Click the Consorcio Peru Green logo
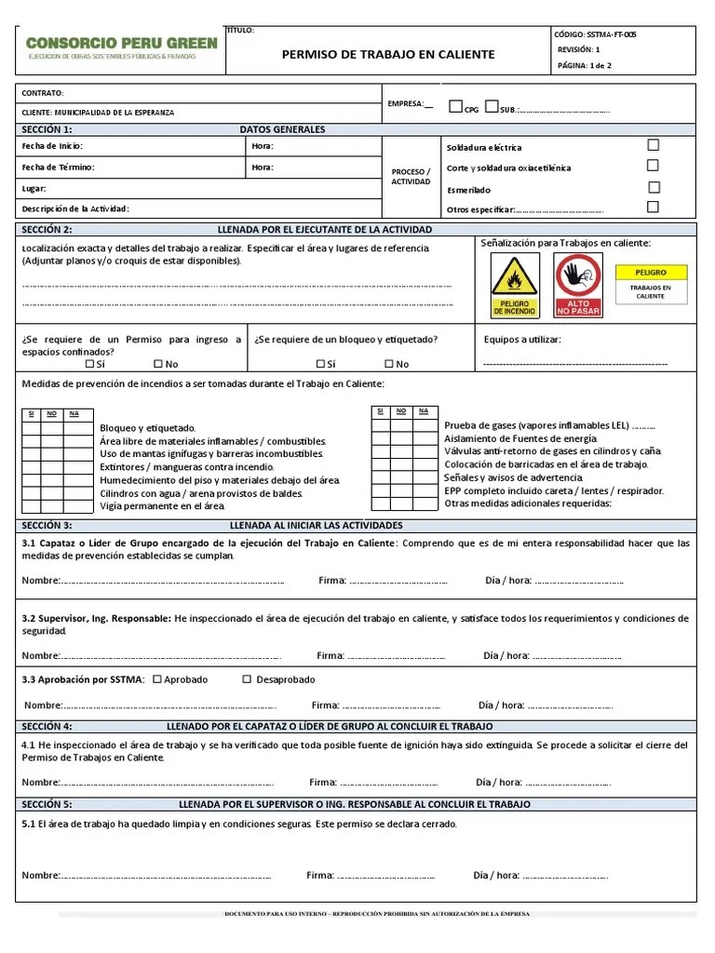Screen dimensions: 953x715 coord(121,48)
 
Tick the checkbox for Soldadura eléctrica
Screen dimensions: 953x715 coord(653,145)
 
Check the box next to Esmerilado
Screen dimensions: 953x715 coord(653,186)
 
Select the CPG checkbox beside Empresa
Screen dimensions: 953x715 coord(455,106)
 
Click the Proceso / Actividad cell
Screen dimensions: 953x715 coord(411,177)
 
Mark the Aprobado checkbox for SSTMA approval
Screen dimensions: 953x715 coord(156,679)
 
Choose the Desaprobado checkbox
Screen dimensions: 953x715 coord(247,679)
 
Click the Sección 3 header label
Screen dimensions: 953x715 coord(47,525)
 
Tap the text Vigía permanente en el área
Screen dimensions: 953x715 coord(162,506)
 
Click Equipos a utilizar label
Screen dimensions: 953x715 coord(522,340)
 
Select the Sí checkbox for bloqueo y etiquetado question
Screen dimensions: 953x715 coord(320,364)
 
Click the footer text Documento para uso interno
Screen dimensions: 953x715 coord(377,914)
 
